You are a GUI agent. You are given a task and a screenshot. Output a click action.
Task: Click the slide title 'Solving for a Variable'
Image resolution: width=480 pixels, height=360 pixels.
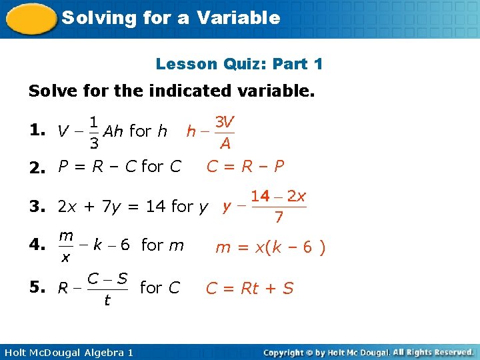coord(171,18)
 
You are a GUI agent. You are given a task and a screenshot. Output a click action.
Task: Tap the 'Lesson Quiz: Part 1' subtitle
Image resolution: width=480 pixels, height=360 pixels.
coord(239,64)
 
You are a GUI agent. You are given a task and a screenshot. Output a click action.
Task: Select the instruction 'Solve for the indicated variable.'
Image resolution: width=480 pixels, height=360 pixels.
coord(171,91)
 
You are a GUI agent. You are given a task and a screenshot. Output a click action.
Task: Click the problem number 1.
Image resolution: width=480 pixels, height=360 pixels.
coord(37,131)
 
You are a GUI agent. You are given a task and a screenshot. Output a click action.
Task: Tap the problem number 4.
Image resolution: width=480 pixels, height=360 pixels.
coord(37,245)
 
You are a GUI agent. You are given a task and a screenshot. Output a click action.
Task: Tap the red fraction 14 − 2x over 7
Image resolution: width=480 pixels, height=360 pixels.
coord(279,207)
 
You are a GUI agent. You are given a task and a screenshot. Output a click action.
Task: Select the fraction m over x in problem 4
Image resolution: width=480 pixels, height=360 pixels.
coord(66,246)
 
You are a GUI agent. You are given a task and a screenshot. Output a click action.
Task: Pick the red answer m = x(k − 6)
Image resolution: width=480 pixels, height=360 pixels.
coord(270,247)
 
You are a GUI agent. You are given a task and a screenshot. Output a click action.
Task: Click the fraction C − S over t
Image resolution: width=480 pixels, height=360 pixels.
coord(107,289)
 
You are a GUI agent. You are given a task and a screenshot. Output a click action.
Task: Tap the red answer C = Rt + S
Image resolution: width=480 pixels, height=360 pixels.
coord(249,288)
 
